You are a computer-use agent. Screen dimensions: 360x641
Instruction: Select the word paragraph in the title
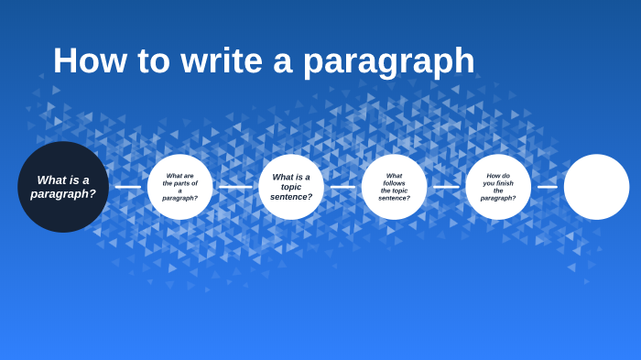[388, 62]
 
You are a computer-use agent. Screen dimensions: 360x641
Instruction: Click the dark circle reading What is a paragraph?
[63, 187]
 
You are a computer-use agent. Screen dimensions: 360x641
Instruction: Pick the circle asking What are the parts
[180, 187]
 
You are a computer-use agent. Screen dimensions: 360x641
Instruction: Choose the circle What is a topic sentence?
[291, 187]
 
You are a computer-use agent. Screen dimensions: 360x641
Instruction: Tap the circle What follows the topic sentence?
[395, 187]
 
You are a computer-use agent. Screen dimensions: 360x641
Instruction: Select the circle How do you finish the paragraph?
[498, 187]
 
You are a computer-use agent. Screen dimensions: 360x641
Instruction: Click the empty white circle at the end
[596, 187]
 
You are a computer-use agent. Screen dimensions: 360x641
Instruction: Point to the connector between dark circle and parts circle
[128, 187]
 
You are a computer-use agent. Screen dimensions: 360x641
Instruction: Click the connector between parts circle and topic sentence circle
[235, 187]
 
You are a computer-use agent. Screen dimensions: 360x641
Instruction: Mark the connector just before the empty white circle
[548, 187]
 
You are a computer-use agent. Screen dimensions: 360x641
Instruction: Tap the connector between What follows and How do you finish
[446, 187]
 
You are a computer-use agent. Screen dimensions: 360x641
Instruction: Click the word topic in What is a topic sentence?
[290, 187]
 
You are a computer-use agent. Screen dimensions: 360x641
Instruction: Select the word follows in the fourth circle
[395, 183]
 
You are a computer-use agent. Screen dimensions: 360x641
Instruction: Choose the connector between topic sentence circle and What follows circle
[342, 187]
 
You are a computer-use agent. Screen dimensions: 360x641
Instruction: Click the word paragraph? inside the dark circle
[63, 194]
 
